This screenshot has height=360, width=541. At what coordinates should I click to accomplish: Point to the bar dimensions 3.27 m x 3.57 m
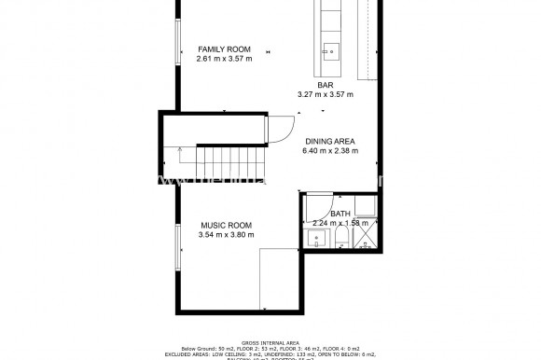pos(325,94)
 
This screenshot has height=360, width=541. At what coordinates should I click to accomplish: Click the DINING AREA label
pos(329,141)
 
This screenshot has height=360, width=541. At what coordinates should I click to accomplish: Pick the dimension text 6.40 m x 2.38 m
pos(329,150)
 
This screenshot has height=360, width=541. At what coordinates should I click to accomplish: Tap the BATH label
pos(340,214)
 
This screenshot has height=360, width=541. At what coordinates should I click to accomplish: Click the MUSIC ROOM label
pos(227,226)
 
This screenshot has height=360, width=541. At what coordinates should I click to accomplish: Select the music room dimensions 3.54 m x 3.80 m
pos(227,235)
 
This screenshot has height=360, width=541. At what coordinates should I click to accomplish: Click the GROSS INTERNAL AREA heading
pos(270,343)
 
